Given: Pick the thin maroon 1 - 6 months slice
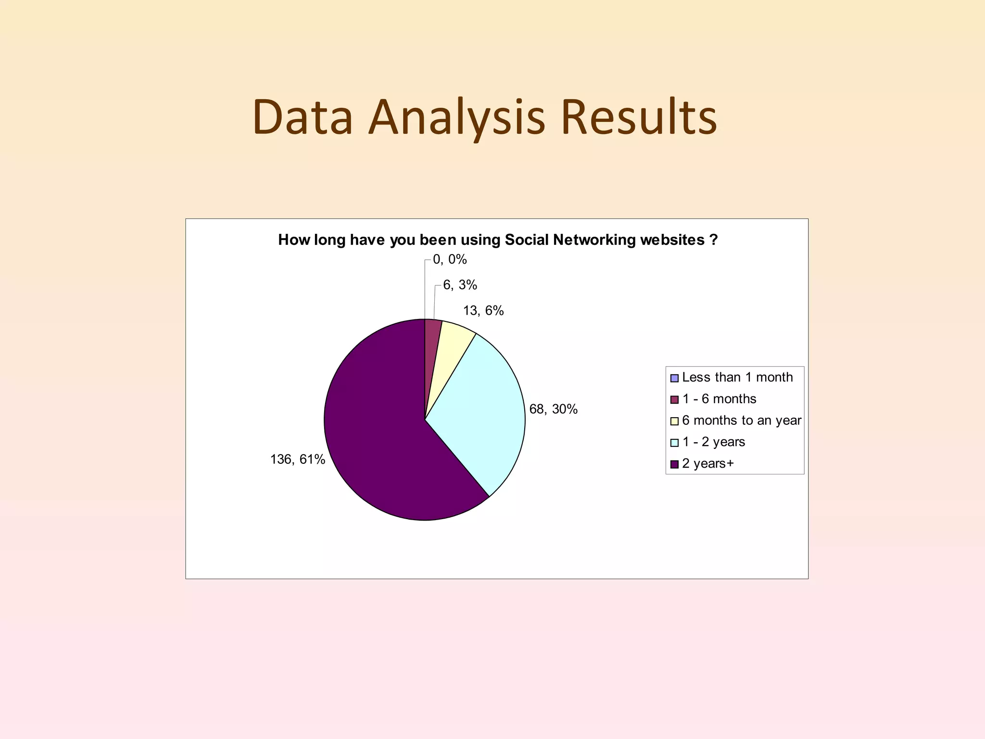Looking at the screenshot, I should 432,337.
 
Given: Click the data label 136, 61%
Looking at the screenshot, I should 298,459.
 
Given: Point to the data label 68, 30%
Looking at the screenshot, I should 553,409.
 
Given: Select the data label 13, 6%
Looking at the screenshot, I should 483,311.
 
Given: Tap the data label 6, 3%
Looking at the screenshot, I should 460,285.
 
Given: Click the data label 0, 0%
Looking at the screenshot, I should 450,259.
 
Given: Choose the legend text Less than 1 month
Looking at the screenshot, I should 737,377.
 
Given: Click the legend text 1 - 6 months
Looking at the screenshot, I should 719,399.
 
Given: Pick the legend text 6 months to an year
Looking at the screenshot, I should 742,420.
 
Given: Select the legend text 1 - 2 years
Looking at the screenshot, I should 714,442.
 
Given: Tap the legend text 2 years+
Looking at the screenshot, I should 708,464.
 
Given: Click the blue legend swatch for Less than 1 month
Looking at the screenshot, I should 674,378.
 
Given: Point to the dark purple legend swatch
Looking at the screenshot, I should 674,464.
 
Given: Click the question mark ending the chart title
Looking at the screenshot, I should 713,240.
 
